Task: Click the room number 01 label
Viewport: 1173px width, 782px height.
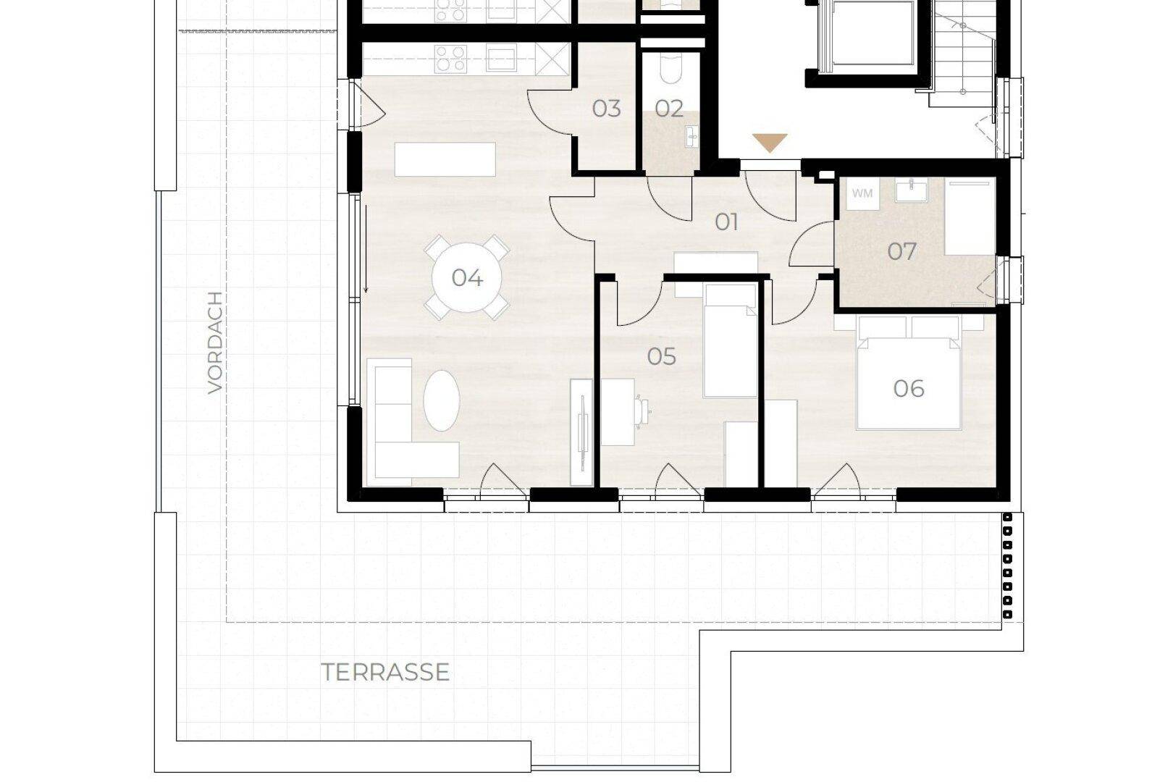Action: pos(726,222)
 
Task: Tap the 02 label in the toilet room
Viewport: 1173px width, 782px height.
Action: pos(669,109)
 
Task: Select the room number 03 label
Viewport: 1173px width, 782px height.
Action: pos(606,109)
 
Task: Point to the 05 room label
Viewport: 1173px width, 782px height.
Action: pos(661,356)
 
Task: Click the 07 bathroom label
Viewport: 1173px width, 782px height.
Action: pos(901,251)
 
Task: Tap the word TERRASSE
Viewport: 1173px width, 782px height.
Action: pos(385,672)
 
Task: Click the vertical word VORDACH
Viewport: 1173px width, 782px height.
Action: pos(215,342)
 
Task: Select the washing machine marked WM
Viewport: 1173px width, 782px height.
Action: pos(862,193)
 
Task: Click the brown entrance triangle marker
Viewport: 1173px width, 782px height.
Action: pos(770,143)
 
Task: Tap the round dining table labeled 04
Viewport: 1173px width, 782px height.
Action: pos(466,277)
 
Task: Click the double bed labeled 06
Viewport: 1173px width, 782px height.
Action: pos(909,373)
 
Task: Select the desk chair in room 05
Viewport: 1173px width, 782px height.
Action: pos(642,411)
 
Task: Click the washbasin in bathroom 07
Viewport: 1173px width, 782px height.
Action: pos(911,189)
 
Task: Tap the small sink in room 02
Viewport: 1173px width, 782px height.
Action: pos(692,138)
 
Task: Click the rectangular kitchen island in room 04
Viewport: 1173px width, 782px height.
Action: pos(445,159)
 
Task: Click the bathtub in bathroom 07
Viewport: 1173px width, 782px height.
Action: pos(970,216)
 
